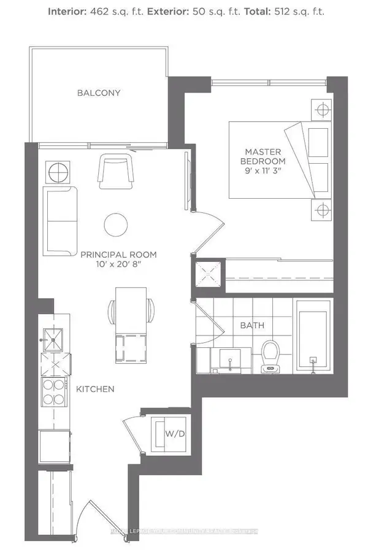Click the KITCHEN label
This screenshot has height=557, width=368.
coord(95,389)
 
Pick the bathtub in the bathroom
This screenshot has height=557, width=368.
coord(313,336)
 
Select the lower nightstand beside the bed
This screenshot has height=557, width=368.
coord(321,211)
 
